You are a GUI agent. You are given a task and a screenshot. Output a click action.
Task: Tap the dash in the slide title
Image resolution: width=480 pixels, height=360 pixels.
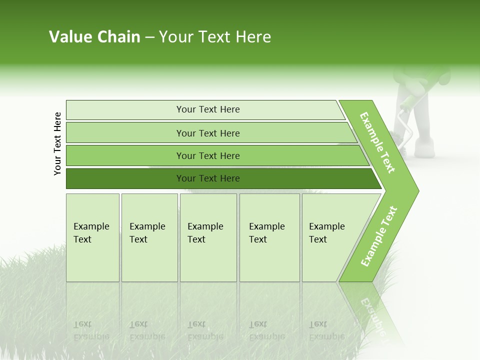coord(149,37)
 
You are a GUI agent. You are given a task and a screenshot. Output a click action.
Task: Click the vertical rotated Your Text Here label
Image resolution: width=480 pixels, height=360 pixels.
coord(57,143)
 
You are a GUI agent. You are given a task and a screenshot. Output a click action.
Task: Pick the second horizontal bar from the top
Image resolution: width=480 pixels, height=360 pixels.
coord(208,133)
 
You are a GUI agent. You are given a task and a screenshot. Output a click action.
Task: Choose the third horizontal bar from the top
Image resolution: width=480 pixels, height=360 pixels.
coord(208,155)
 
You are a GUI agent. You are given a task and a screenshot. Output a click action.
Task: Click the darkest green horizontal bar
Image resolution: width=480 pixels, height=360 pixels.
coord(208,178)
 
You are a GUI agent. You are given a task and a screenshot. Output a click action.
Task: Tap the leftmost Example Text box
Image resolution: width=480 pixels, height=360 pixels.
coord(92,237)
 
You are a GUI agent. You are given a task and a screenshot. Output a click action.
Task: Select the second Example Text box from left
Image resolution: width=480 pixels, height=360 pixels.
coord(149,237)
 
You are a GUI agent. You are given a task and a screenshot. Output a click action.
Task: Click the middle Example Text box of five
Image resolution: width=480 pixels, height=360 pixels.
coord(208,237)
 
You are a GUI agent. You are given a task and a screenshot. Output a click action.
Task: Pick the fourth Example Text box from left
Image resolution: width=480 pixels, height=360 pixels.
coord(269,237)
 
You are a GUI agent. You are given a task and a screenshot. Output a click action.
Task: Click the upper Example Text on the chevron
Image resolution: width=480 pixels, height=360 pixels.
coord(377,142)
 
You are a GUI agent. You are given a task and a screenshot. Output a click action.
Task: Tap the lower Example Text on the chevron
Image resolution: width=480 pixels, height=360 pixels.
coord(379,236)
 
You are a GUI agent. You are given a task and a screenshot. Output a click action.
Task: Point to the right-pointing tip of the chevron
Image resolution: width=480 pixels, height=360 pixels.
coord(417,190)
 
